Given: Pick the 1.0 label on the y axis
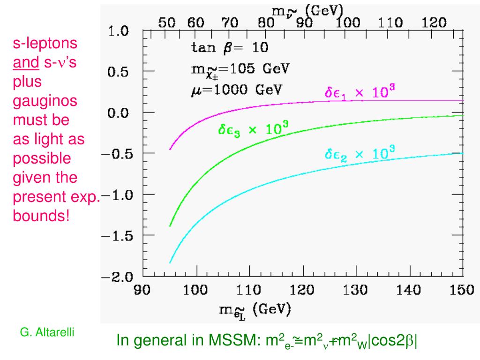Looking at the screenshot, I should coord(117,31).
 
